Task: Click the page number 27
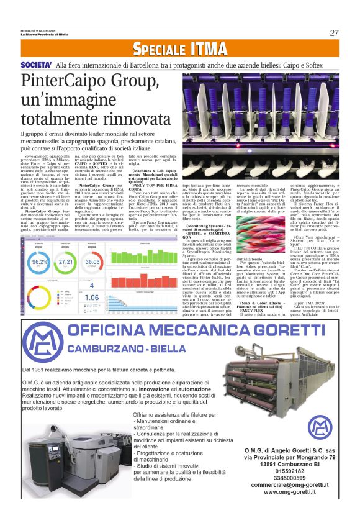click(334, 33)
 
